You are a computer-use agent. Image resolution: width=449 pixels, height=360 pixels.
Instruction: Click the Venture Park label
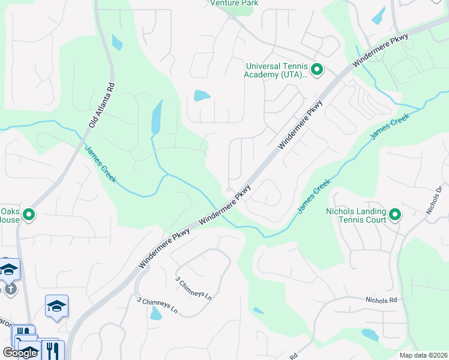(234, 3)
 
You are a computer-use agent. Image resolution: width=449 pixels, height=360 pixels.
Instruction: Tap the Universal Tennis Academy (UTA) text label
(276, 71)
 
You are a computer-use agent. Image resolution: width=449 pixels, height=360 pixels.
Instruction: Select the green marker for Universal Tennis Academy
(318, 70)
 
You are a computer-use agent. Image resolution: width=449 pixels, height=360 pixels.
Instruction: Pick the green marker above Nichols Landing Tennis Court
(394, 214)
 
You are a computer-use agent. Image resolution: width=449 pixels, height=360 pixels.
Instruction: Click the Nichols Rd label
(381, 299)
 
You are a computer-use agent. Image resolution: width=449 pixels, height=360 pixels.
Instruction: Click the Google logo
(20, 352)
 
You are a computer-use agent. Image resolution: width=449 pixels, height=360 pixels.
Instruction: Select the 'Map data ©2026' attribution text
(423, 355)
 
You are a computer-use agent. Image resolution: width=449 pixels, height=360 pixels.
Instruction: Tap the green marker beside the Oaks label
(28, 214)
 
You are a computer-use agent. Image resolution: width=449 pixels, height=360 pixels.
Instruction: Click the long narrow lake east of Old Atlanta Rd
(157, 118)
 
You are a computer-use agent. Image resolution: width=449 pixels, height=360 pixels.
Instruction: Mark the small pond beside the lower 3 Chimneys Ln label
(156, 313)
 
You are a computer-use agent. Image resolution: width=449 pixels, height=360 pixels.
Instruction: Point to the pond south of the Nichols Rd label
(370, 335)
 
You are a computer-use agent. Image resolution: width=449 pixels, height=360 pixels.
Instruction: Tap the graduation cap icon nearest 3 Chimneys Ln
(56, 306)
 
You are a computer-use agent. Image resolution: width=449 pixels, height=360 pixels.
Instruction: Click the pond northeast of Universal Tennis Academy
(379, 16)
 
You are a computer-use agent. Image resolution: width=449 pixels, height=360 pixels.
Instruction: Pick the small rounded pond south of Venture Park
(202, 95)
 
